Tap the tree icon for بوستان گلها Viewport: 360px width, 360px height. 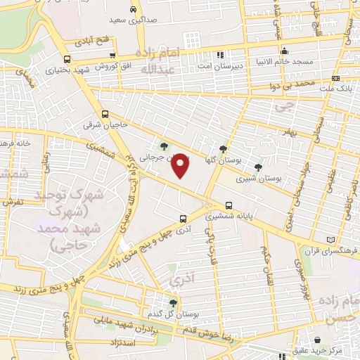[223, 148]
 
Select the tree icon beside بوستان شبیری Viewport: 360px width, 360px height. [258, 167]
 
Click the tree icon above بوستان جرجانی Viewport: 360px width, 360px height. [164, 146]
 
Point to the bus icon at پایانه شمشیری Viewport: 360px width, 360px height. [229, 206]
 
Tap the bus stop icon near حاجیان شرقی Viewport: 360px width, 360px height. [105, 114]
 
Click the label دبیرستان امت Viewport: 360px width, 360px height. [220, 65]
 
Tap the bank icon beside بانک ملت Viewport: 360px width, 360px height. [335, 78]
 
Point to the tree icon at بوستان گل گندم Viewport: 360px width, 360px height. [173, 302]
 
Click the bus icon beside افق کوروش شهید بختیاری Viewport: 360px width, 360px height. [67, 59]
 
